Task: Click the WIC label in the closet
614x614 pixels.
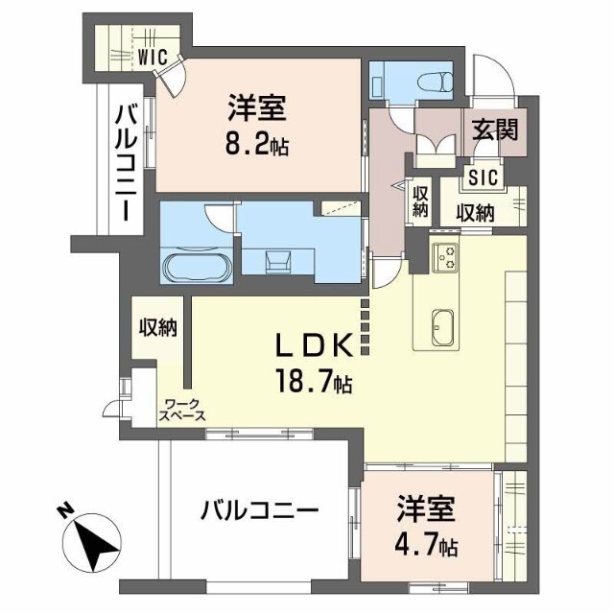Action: point(153,58)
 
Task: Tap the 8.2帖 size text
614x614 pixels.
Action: point(256,145)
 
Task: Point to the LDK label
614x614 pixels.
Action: point(313,345)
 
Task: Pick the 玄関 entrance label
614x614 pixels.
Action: point(495,130)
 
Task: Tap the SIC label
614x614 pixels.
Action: point(484,177)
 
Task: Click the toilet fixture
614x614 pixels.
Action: point(435,83)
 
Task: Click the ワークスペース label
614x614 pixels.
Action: point(182,410)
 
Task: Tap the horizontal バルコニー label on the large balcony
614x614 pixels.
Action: point(259,510)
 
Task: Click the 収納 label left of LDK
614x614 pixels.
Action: point(158,327)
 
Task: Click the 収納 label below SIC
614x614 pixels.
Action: point(475,213)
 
